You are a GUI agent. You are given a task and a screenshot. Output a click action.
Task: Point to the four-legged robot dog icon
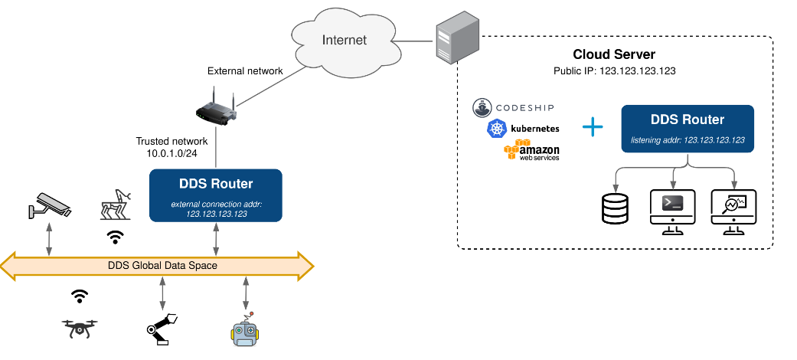116,205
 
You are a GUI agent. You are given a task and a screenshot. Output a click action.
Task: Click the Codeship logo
512,107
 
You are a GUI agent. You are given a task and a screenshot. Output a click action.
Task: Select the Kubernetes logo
523,129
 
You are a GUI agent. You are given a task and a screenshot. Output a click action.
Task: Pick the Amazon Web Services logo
531,149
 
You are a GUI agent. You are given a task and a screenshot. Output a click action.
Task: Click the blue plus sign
593,127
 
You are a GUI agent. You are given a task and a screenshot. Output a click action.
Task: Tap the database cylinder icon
615,208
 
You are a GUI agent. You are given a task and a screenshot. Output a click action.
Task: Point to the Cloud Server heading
614,54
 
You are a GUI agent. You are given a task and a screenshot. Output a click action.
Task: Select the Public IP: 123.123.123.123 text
614,70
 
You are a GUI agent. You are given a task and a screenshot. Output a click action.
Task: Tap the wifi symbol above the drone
79,296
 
